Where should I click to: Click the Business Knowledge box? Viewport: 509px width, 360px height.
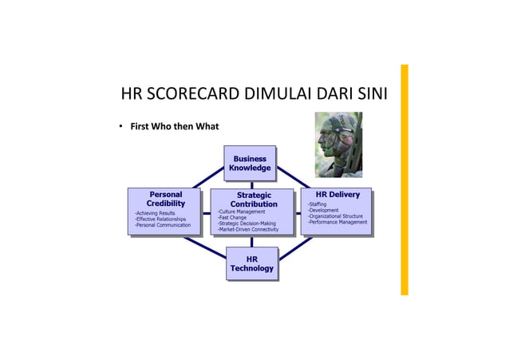[x=250, y=164]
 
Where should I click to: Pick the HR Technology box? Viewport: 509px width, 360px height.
[x=252, y=264]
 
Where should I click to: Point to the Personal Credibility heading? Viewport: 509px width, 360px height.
[x=166, y=199]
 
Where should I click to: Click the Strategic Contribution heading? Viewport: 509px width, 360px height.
[x=254, y=200]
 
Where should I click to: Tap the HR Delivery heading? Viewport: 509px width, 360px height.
[x=337, y=194]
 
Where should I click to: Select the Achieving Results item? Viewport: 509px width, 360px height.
[x=156, y=213]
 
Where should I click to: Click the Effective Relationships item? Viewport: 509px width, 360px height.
[x=160, y=220]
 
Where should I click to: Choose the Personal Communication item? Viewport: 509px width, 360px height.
[x=163, y=225]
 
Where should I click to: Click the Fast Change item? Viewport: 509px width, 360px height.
[x=232, y=217]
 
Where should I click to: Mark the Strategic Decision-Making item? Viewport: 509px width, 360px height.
[x=247, y=224]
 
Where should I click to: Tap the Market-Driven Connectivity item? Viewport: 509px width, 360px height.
[x=248, y=230]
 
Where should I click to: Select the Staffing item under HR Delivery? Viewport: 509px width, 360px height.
[x=317, y=204]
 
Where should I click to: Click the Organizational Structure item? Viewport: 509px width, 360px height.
[x=335, y=216]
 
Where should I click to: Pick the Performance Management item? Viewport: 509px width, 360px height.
[x=337, y=222]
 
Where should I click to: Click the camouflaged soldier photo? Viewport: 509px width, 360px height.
[x=338, y=144]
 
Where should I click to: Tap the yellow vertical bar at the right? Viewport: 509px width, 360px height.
[x=404, y=180]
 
